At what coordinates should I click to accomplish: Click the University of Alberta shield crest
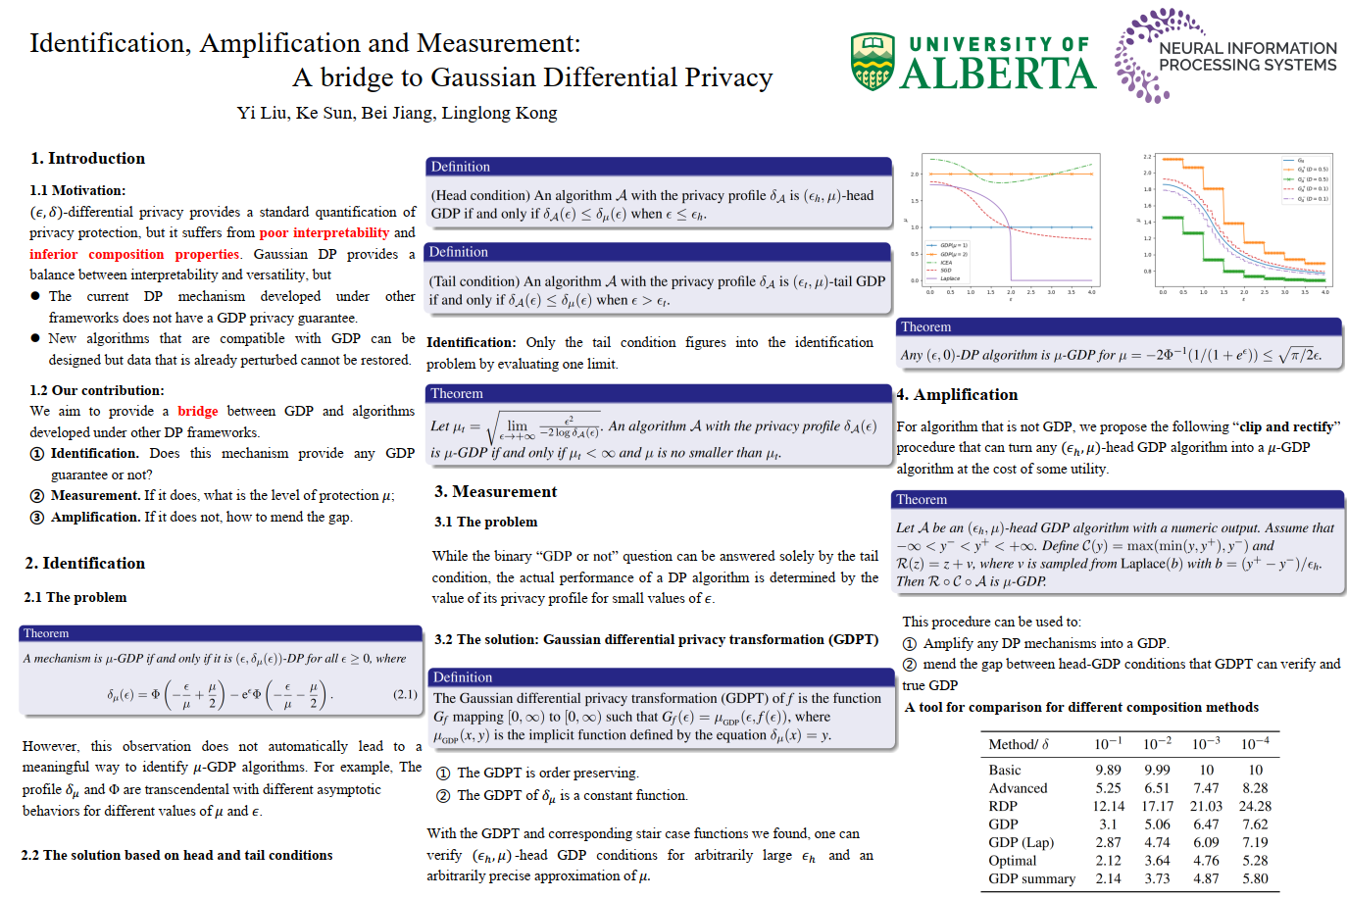[x=873, y=62]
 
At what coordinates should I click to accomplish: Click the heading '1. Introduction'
[x=87, y=159]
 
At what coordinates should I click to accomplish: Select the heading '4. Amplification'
[x=957, y=395]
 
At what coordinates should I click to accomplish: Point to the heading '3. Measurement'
[x=495, y=492]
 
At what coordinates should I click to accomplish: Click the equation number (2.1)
[x=405, y=694]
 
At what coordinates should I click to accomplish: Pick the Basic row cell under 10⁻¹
[x=1108, y=771]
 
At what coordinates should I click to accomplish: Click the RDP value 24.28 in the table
[x=1255, y=806]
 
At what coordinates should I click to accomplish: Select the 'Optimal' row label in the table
[x=1012, y=861]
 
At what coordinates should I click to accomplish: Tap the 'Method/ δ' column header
[x=1019, y=744]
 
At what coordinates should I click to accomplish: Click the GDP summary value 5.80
[x=1255, y=878]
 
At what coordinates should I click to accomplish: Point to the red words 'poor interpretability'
[x=324, y=233]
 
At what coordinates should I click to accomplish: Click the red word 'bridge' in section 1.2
[x=198, y=412]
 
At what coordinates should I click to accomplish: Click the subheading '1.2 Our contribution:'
[x=96, y=390]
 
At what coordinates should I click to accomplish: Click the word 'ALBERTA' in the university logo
[x=997, y=74]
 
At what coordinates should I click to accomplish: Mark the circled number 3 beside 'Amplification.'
[x=37, y=518]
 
